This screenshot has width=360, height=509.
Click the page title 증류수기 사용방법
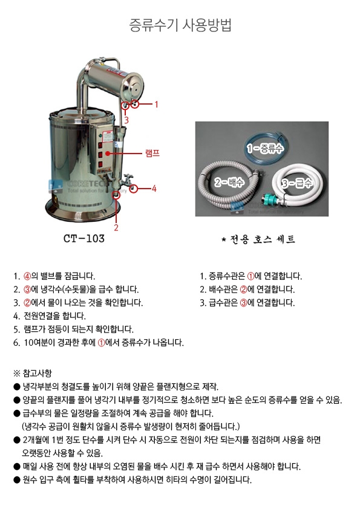(180, 25)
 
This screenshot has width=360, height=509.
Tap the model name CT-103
(84, 239)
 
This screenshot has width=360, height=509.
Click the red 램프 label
(152, 153)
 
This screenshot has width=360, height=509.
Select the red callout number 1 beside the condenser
(156, 104)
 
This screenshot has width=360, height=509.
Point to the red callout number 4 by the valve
(154, 188)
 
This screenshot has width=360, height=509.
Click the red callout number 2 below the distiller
(116, 227)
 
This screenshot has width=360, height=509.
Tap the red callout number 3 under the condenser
(126, 120)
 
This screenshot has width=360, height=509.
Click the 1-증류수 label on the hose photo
(265, 149)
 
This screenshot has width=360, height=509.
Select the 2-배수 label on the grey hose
(229, 182)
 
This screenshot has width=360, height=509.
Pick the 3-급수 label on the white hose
(296, 183)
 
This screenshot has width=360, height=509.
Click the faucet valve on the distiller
(128, 179)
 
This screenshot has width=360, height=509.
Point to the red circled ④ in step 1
(27, 276)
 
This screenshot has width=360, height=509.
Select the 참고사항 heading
(37, 374)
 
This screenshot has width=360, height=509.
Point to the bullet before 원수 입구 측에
(17, 480)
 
